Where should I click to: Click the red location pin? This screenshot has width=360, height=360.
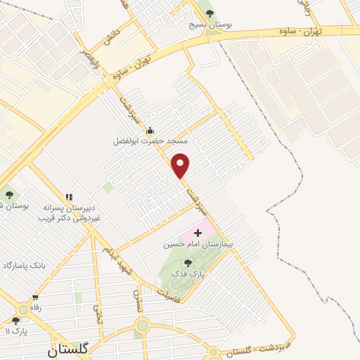pos(181,165)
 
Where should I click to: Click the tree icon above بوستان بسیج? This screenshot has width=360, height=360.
pos(209,12)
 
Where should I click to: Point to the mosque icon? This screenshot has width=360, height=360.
pos(149,130)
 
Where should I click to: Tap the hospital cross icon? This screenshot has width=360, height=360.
pos(198,232)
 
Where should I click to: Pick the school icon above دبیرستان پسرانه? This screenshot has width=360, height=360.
pos(69,198)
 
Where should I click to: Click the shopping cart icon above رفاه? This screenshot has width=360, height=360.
pos(34,297)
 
